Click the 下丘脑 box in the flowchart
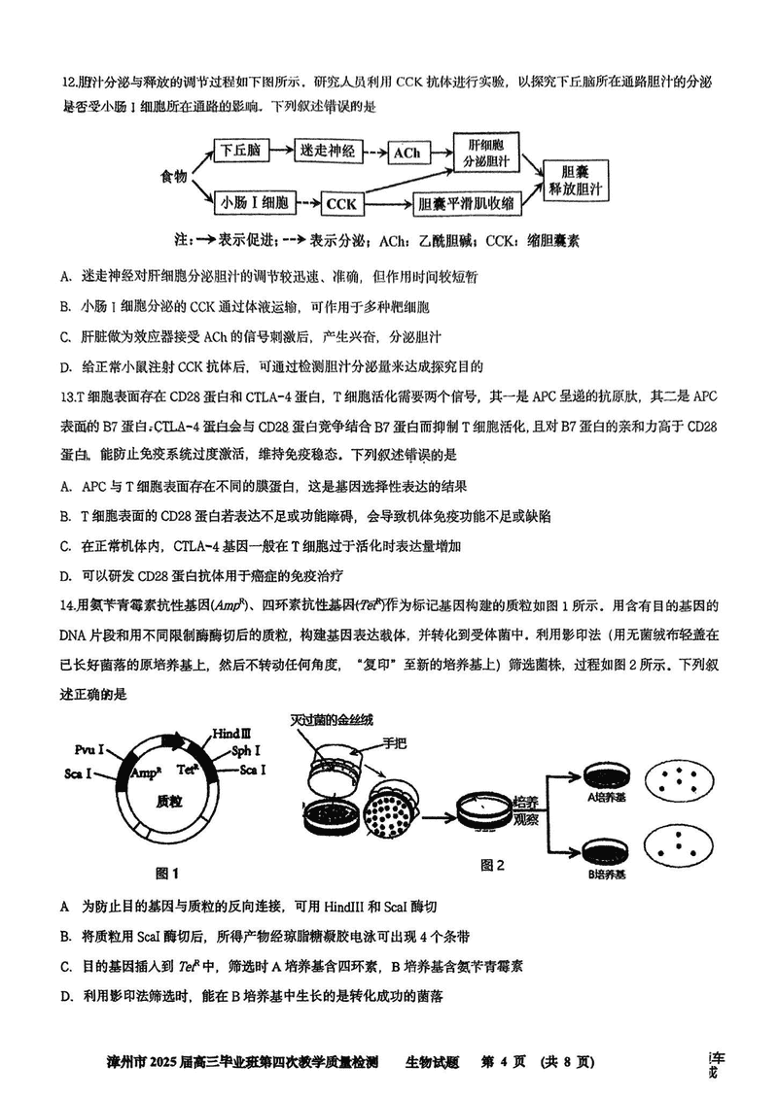tap(238, 151)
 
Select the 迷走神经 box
tap(331, 151)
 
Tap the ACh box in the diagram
tap(407, 154)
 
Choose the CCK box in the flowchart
tap(341, 204)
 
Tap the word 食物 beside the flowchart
tap(175, 177)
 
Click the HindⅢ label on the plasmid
tap(231, 732)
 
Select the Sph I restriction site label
tap(247, 750)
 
